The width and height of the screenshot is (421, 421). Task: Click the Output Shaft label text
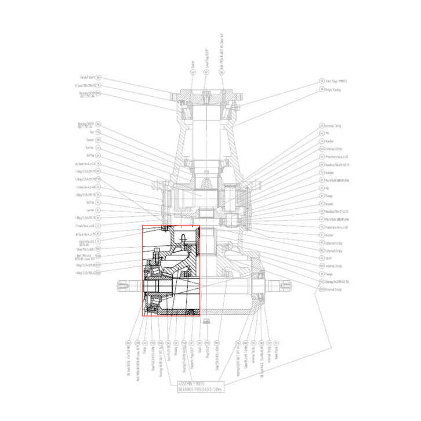[x=87, y=77]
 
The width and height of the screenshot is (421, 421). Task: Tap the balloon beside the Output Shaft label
[x=98, y=77]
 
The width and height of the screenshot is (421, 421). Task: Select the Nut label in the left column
[x=90, y=132]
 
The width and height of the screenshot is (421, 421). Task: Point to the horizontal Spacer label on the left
[x=89, y=140]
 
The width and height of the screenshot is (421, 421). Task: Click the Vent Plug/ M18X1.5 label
[x=333, y=81]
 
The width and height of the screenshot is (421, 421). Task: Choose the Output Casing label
[x=332, y=90]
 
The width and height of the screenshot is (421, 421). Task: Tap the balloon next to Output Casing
[x=321, y=90]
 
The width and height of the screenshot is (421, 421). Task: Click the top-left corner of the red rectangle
[x=143, y=226]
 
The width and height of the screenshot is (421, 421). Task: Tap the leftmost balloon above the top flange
[x=193, y=72]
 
